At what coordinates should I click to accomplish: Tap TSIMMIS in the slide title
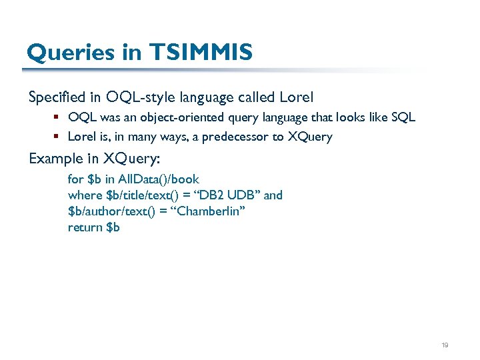(x=201, y=51)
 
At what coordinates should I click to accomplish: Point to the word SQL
(x=402, y=117)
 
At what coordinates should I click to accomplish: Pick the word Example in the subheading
(x=55, y=159)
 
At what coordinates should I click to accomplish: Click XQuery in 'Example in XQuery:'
(x=131, y=159)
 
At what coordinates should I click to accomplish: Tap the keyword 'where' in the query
(x=85, y=195)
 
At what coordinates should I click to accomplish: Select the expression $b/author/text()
(x=111, y=211)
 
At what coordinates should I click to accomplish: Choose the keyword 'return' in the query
(x=85, y=227)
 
